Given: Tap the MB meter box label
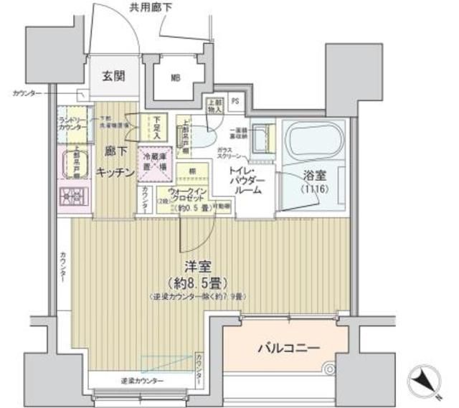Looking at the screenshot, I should coord(174,77).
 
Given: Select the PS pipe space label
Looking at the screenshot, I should coord(235,101).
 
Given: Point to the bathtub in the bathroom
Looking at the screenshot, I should coord(314,139).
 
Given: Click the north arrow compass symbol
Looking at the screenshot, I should coord(426,379).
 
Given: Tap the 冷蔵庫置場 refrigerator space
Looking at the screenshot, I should coord(153,161).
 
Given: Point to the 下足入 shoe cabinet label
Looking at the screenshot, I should coord(158,126).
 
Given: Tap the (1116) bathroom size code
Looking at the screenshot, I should coord(313,189).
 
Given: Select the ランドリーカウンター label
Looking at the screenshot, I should coord(73,124).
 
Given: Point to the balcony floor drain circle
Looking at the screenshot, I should coord(330,371).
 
